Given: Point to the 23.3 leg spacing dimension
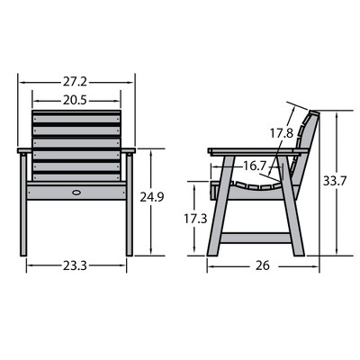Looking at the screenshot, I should (76, 266).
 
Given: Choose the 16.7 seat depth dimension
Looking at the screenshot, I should (256, 166).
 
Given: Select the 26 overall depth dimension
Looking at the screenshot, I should (262, 266).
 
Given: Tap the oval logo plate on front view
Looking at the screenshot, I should (76, 191).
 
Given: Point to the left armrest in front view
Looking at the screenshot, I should (27, 149).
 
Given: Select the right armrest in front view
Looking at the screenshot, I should (125, 149).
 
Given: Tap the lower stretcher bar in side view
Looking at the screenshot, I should (256, 238).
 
